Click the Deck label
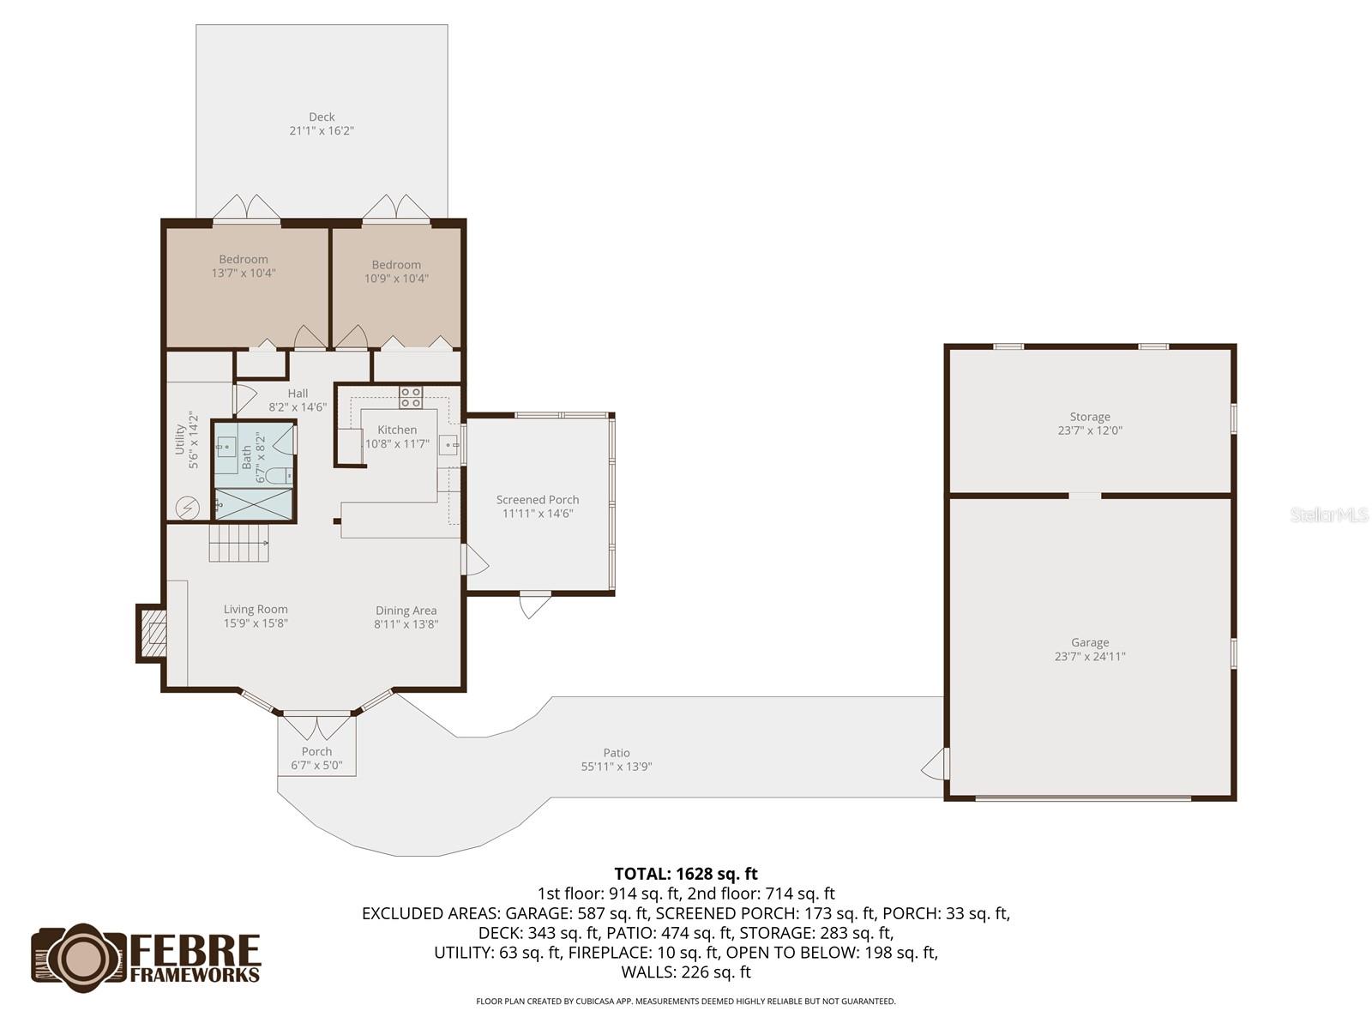322,117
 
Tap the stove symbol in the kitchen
411,396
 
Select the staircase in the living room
239,543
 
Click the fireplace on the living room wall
153,634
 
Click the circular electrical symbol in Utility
187,508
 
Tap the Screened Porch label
538,499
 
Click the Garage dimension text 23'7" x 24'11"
1090,657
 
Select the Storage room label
1090,417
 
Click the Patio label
617,753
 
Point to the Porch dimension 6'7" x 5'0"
316,766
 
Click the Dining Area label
406,611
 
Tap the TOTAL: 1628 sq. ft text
686,874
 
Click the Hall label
298,394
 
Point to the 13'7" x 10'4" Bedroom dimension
244,274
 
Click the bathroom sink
226,446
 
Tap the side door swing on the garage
935,763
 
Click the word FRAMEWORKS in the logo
196,974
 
